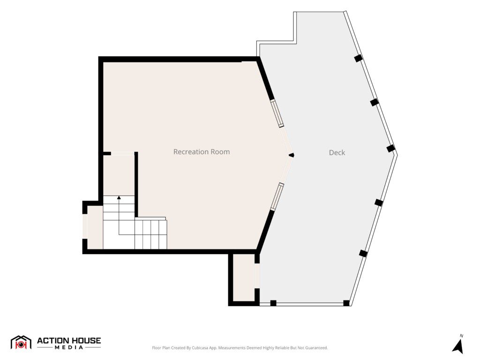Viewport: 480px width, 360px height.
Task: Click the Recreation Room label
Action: click(202, 152)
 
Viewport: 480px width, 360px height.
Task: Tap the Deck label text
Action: click(337, 152)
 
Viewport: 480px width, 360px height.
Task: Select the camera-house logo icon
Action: click(21, 342)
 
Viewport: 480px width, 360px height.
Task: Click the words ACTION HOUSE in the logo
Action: click(69, 341)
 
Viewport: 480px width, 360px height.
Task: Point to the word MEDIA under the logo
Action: click(69, 347)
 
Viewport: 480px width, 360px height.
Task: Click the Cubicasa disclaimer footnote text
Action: click(240, 348)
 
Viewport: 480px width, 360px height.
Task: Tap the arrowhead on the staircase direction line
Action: click(119, 197)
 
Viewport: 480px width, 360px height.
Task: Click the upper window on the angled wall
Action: click(277, 113)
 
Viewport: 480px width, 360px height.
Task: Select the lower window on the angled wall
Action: click(277, 196)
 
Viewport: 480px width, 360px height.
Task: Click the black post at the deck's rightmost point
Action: click(390, 149)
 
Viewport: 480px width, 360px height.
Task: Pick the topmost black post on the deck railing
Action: click(358, 58)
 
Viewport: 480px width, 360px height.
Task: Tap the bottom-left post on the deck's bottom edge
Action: click(273, 303)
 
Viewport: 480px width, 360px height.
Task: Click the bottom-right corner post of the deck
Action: click(346, 303)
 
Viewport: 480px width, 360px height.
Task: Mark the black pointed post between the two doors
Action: click(292, 155)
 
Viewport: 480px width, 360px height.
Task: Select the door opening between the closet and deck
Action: click(257, 276)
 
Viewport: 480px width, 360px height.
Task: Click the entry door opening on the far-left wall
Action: click(85, 226)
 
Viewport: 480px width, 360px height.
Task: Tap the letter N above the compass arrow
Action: click(461, 336)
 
